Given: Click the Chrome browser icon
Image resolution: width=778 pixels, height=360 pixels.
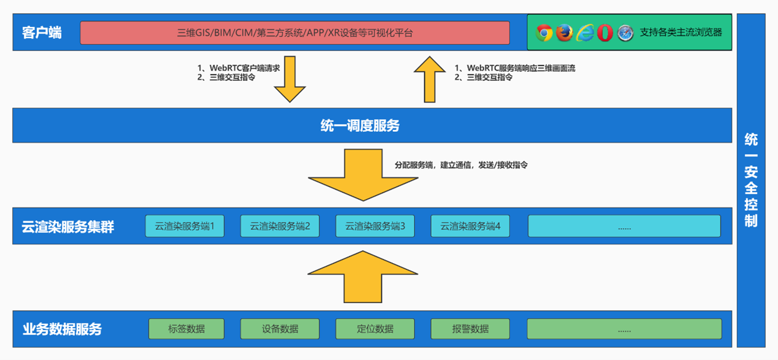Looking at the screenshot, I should click(544, 33).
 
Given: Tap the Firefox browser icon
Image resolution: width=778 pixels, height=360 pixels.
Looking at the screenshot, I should click(564, 33).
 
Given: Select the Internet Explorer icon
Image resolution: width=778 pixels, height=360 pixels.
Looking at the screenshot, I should click(585, 33).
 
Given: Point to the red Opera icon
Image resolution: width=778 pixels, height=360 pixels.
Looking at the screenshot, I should click(605, 33).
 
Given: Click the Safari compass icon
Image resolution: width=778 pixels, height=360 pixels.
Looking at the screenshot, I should click(625, 33).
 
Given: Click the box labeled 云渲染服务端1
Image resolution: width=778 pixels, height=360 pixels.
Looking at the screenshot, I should click(185, 226).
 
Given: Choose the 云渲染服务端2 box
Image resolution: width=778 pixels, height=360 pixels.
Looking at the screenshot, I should click(280, 226).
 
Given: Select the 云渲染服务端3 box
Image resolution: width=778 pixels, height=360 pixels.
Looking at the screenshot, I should click(375, 226).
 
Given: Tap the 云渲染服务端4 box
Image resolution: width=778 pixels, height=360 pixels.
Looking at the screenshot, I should click(470, 226).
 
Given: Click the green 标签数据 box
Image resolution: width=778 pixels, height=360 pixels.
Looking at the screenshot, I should click(187, 329).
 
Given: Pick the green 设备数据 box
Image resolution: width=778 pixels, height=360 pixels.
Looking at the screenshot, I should click(280, 329).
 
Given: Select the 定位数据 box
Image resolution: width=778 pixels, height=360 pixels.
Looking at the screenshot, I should click(375, 329).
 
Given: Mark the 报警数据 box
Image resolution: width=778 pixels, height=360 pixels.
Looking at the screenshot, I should click(470, 329).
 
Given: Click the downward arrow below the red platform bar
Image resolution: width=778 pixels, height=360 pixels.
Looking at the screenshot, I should click(289, 80).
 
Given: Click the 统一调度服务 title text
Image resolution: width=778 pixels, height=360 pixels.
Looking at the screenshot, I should click(360, 126).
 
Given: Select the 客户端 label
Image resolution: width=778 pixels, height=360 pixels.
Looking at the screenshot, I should click(42, 33).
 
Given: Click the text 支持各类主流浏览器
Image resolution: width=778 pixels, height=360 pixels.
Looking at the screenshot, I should click(681, 33).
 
